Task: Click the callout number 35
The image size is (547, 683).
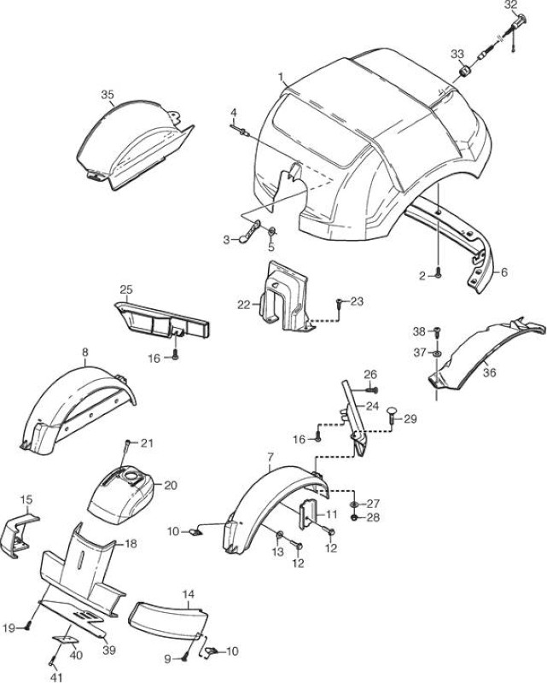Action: click(x=108, y=94)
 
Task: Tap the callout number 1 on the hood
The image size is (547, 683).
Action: click(x=282, y=77)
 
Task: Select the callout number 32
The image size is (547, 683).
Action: click(x=511, y=5)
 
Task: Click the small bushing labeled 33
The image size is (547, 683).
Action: click(x=466, y=70)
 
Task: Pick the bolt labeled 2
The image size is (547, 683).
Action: click(x=438, y=274)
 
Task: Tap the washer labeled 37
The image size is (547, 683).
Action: click(x=437, y=352)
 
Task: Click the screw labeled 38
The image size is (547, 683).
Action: click(x=438, y=331)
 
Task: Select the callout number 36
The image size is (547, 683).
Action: click(x=489, y=373)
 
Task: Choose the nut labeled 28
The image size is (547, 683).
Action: click(x=354, y=517)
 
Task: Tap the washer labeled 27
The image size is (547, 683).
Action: click(x=354, y=505)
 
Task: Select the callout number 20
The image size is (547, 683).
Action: click(x=171, y=485)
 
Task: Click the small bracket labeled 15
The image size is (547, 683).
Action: click(x=19, y=534)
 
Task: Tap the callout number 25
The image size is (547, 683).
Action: click(x=126, y=289)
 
